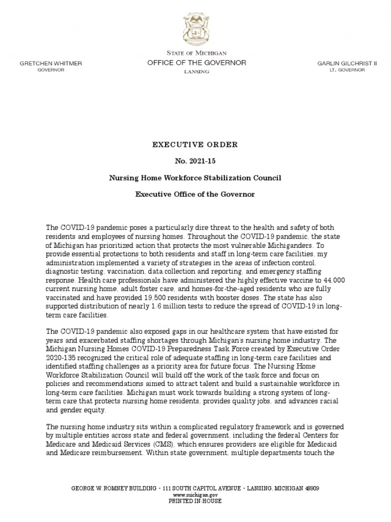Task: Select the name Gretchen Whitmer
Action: [x=50, y=63]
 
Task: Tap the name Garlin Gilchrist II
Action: [x=341, y=63]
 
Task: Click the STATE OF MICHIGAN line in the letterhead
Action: [x=197, y=53]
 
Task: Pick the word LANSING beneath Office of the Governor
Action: [x=196, y=72]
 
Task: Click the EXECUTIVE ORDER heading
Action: [x=195, y=145]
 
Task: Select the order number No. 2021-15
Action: [x=195, y=162]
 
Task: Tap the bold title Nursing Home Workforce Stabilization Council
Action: [x=195, y=178]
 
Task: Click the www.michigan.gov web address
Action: [x=195, y=494]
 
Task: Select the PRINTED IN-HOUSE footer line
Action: [x=195, y=501]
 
